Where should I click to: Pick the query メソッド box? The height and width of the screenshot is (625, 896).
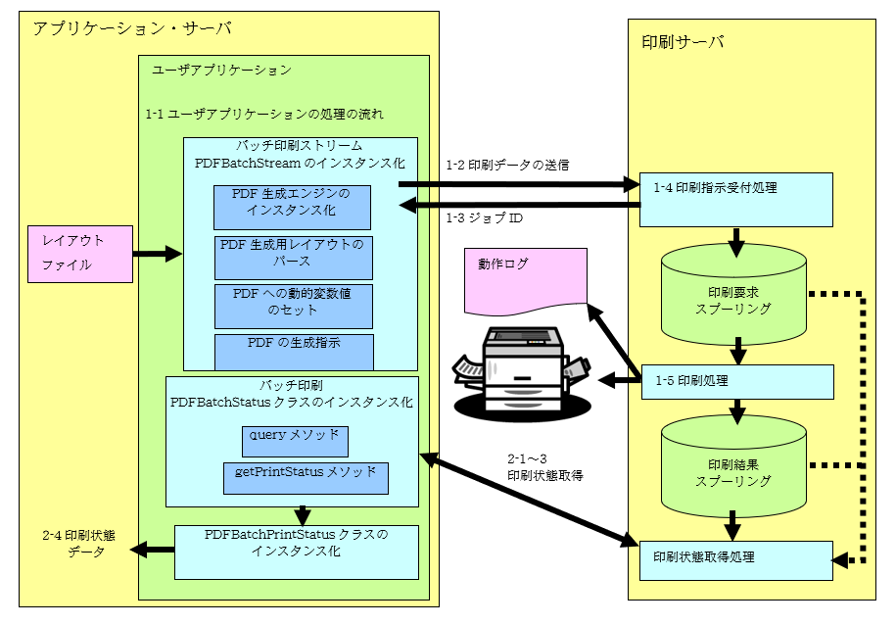(x=295, y=440)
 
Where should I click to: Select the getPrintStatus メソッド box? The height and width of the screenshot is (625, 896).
(x=306, y=477)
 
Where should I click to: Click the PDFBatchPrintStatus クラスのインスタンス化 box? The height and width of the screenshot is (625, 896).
(x=296, y=552)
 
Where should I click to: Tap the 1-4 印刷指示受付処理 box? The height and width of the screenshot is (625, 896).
(x=734, y=199)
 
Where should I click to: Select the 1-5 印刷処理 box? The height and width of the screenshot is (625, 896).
(x=734, y=380)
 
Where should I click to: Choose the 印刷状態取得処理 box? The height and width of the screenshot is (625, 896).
(x=734, y=559)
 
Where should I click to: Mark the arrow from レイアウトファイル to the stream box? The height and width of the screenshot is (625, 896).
(x=158, y=255)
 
